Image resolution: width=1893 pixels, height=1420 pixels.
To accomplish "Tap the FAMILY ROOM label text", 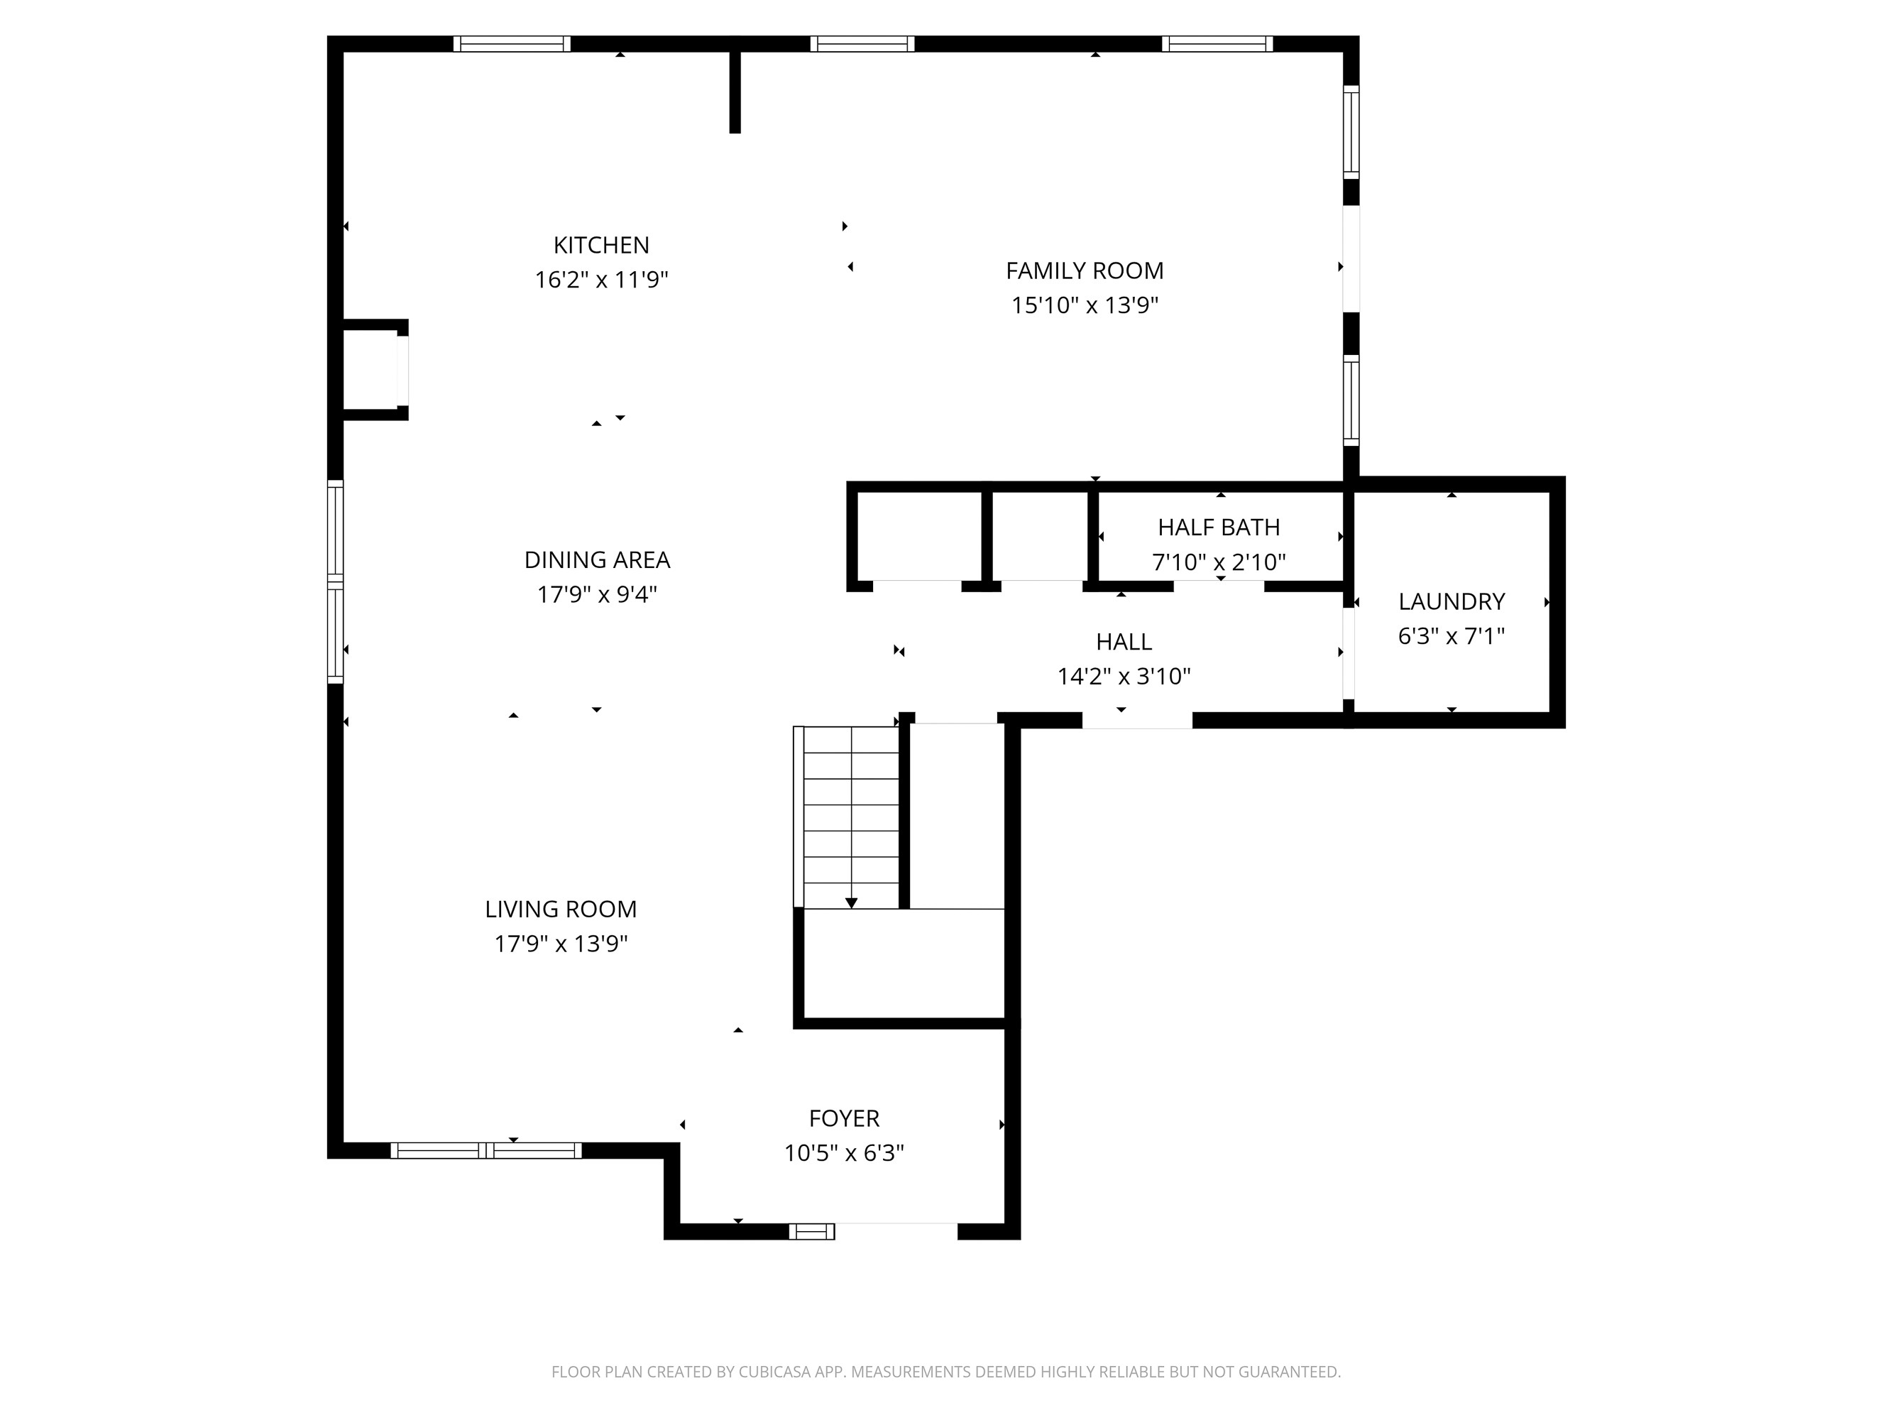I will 1085,271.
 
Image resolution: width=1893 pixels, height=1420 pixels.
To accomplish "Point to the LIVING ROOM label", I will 561,909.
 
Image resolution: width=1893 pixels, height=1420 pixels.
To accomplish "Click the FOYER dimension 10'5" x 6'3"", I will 844,1153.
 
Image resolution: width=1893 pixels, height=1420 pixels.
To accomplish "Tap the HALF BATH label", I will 1219,528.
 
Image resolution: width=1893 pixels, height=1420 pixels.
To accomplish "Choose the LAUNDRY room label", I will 1452,601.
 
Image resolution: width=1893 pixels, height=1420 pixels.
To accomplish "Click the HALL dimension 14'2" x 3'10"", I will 1124,676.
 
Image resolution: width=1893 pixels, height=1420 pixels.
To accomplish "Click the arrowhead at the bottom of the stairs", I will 852,903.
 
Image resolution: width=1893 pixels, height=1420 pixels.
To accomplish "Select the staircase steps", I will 850,813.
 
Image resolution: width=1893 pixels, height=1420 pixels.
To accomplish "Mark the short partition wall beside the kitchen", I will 734,92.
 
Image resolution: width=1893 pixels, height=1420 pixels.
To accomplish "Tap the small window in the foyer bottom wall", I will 811,1232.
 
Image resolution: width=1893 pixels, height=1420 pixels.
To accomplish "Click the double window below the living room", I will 486,1150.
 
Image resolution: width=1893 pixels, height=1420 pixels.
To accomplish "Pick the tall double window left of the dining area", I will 336,582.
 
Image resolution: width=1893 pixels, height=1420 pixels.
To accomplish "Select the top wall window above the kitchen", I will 512,43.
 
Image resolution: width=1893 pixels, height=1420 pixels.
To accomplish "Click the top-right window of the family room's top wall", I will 1217,43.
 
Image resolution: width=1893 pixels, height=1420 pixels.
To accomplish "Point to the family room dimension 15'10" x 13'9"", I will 1085,305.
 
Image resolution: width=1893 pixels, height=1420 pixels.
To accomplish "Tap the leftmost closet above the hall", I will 918,537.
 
